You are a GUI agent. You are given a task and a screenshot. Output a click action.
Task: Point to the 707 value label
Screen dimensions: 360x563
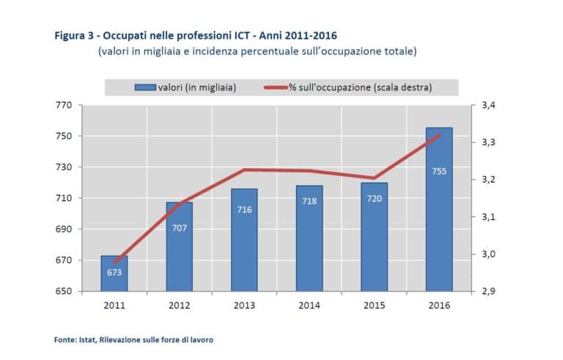pyautogui.click(x=180, y=228)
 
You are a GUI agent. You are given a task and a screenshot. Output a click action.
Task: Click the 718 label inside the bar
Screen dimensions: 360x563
pyautogui.click(x=309, y=201)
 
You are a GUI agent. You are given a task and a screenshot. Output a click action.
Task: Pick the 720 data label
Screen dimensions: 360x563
pyautogui.click(x=374, y=199)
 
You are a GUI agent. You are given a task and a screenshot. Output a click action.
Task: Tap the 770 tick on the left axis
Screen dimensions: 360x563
pyautogui.click(x=63, y=106)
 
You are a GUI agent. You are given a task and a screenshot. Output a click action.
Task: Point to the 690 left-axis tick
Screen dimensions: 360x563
pyautogui.click(x=63, y=229)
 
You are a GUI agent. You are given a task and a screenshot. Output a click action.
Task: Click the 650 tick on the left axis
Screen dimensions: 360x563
pyautogui.click(x=63, y=292)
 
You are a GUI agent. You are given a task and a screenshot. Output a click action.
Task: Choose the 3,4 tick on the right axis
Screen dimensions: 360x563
pyautogui.click(x=488, y=106)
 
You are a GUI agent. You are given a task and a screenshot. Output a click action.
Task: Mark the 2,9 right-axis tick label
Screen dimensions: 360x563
pyautogui.click(x=488, y=292)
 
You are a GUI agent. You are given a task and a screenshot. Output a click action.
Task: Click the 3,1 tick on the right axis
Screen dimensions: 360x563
pyautogui.click(x=488, y=217)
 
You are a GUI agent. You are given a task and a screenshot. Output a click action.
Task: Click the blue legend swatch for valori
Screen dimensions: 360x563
pyautogui.click(x=144, y=87)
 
